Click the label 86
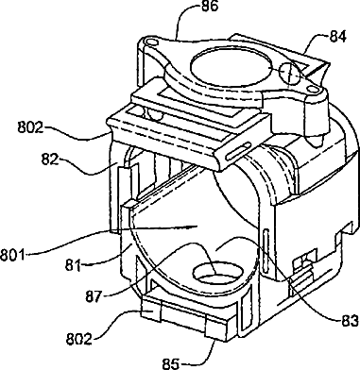pyautogui.click(x=209, y=7)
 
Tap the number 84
pyautogui.click(x=338, y=36)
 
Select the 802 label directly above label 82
pyautogui.click(x=30, y=128)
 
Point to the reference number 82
pyautogui.click(x=50, y=160)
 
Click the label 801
pyautogui.click(x=12, y=254)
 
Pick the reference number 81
pyautogui.click(x=74, y=265)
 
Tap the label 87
pyautogui.click(x=94, y=296)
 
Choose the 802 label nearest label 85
pyautogui.click(x=78, y=339)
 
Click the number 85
pyautogui.click(x=171, y=363)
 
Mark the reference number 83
pyautogui.click(x=350, y=321)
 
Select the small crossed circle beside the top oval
pyautogui.click(x=289, y=74)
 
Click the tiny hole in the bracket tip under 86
pyautogui.click(x=150, y=42)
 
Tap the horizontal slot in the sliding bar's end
pyautogui.click(x=236, y=152)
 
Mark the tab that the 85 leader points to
pyautogui.click(x=215, y=330)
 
